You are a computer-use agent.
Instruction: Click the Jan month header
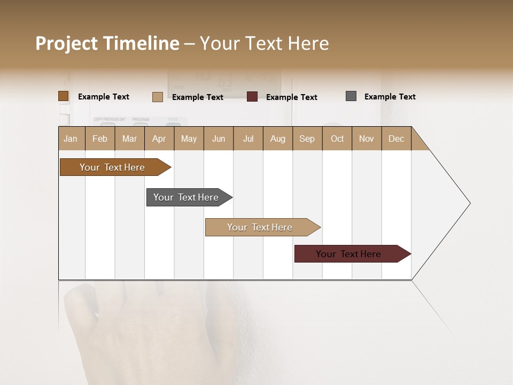pos(71,139)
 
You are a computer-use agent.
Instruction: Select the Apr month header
pos(159,139)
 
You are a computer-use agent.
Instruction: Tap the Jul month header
pos(248,139)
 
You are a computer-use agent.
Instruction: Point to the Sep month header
pos(307,139)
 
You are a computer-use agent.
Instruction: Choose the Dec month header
pos(396,139)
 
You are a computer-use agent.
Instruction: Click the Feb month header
pos(100,139)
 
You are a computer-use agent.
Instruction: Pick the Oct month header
pos(337,139)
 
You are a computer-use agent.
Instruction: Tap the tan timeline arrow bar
pos(260,227)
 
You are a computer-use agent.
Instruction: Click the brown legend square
pos(63,96)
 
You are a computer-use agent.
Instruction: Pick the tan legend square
pos(157,97)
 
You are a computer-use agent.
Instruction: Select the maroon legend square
pos(252,97)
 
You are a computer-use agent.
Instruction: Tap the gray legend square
pos(351,96)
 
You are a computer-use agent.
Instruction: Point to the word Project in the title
pos(67,43)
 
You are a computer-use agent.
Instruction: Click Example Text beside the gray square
pos(390,97)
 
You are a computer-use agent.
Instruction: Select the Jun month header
pos(219,139)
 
